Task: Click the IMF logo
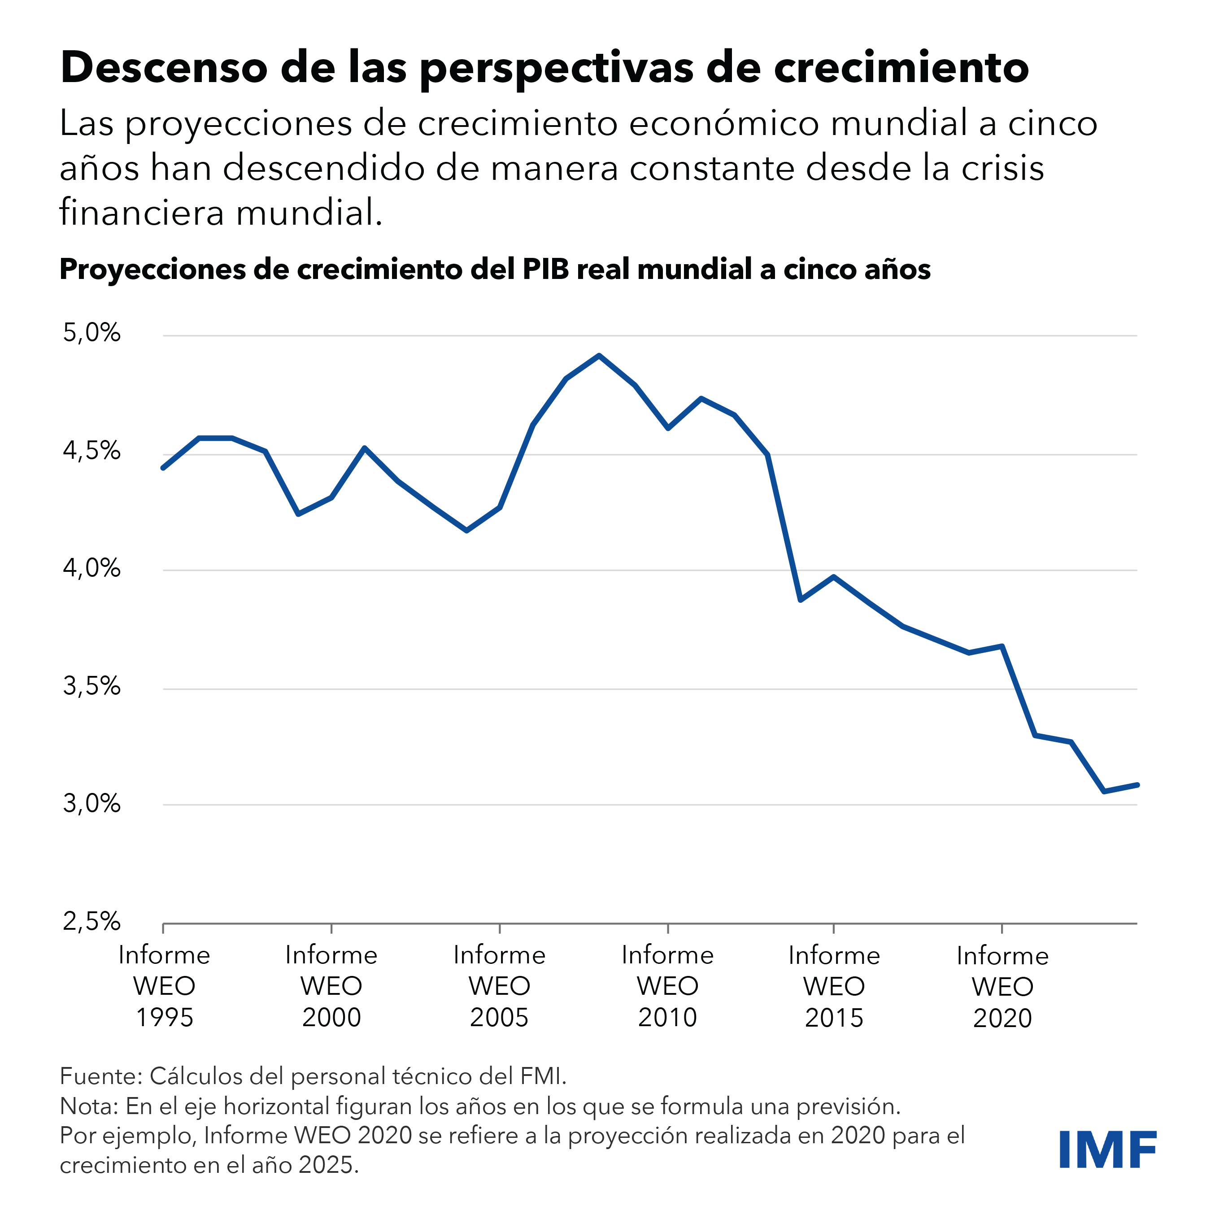tap(1107, 1150)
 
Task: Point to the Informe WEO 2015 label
tap(835, 986)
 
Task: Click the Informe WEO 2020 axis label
tap(1002, 987)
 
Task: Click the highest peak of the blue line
tap(599, 356)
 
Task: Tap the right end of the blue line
tap(1137, 785)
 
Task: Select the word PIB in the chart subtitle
tap(545, 269)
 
